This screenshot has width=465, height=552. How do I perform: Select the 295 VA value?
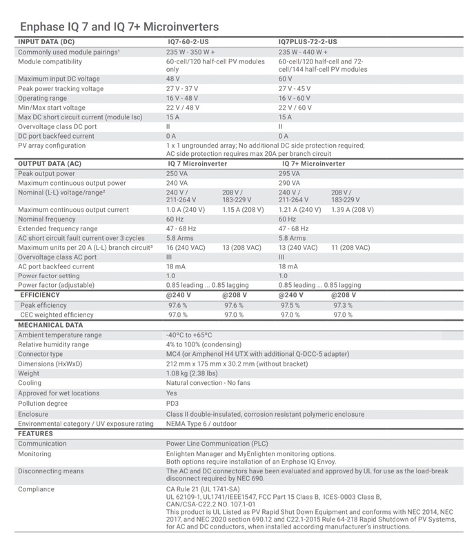tap(290, 175)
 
